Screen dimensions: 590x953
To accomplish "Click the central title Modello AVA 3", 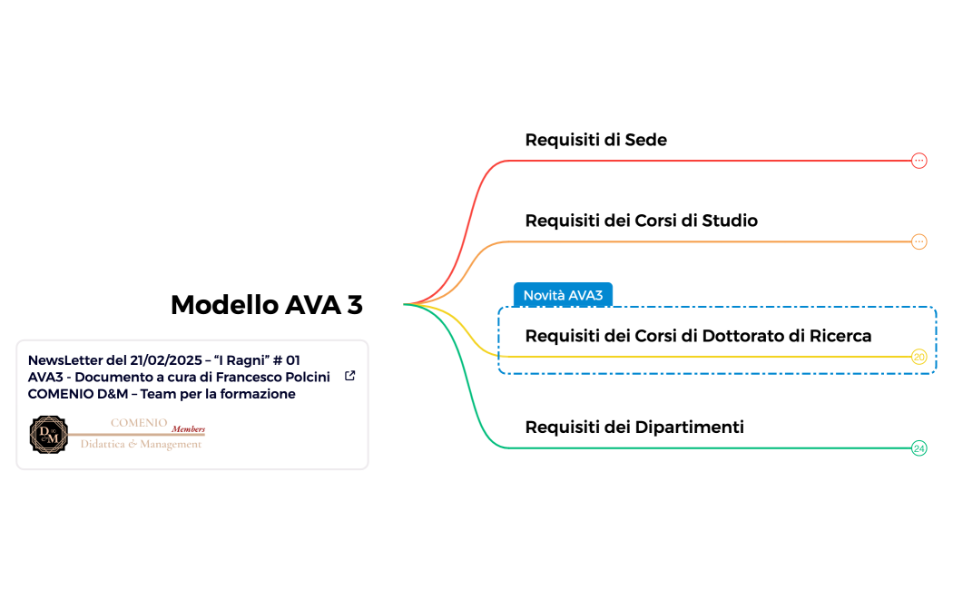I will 266,305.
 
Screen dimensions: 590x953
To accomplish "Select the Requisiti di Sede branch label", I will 595,140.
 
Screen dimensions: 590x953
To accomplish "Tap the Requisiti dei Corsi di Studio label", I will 641,221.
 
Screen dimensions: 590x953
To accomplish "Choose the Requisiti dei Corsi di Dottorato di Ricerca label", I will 698,336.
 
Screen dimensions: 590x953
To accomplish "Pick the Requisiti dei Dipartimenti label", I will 634,427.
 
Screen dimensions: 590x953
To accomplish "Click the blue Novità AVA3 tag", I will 563,295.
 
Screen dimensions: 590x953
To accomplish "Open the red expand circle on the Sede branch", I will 919,161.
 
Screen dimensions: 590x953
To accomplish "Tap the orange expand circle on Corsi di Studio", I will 919,241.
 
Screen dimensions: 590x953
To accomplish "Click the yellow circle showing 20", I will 919,357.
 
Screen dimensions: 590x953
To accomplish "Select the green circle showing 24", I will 919,448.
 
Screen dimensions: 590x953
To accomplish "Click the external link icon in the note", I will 350,376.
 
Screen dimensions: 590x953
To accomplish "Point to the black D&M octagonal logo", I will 49,435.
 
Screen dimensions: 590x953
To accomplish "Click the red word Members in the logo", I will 189,429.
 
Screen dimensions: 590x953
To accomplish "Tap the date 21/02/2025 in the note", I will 163,359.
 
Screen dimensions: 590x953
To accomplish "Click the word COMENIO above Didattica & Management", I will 138,422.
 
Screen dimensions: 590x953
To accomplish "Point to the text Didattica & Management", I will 141,444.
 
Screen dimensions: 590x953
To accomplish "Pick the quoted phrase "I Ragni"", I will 244,359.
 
